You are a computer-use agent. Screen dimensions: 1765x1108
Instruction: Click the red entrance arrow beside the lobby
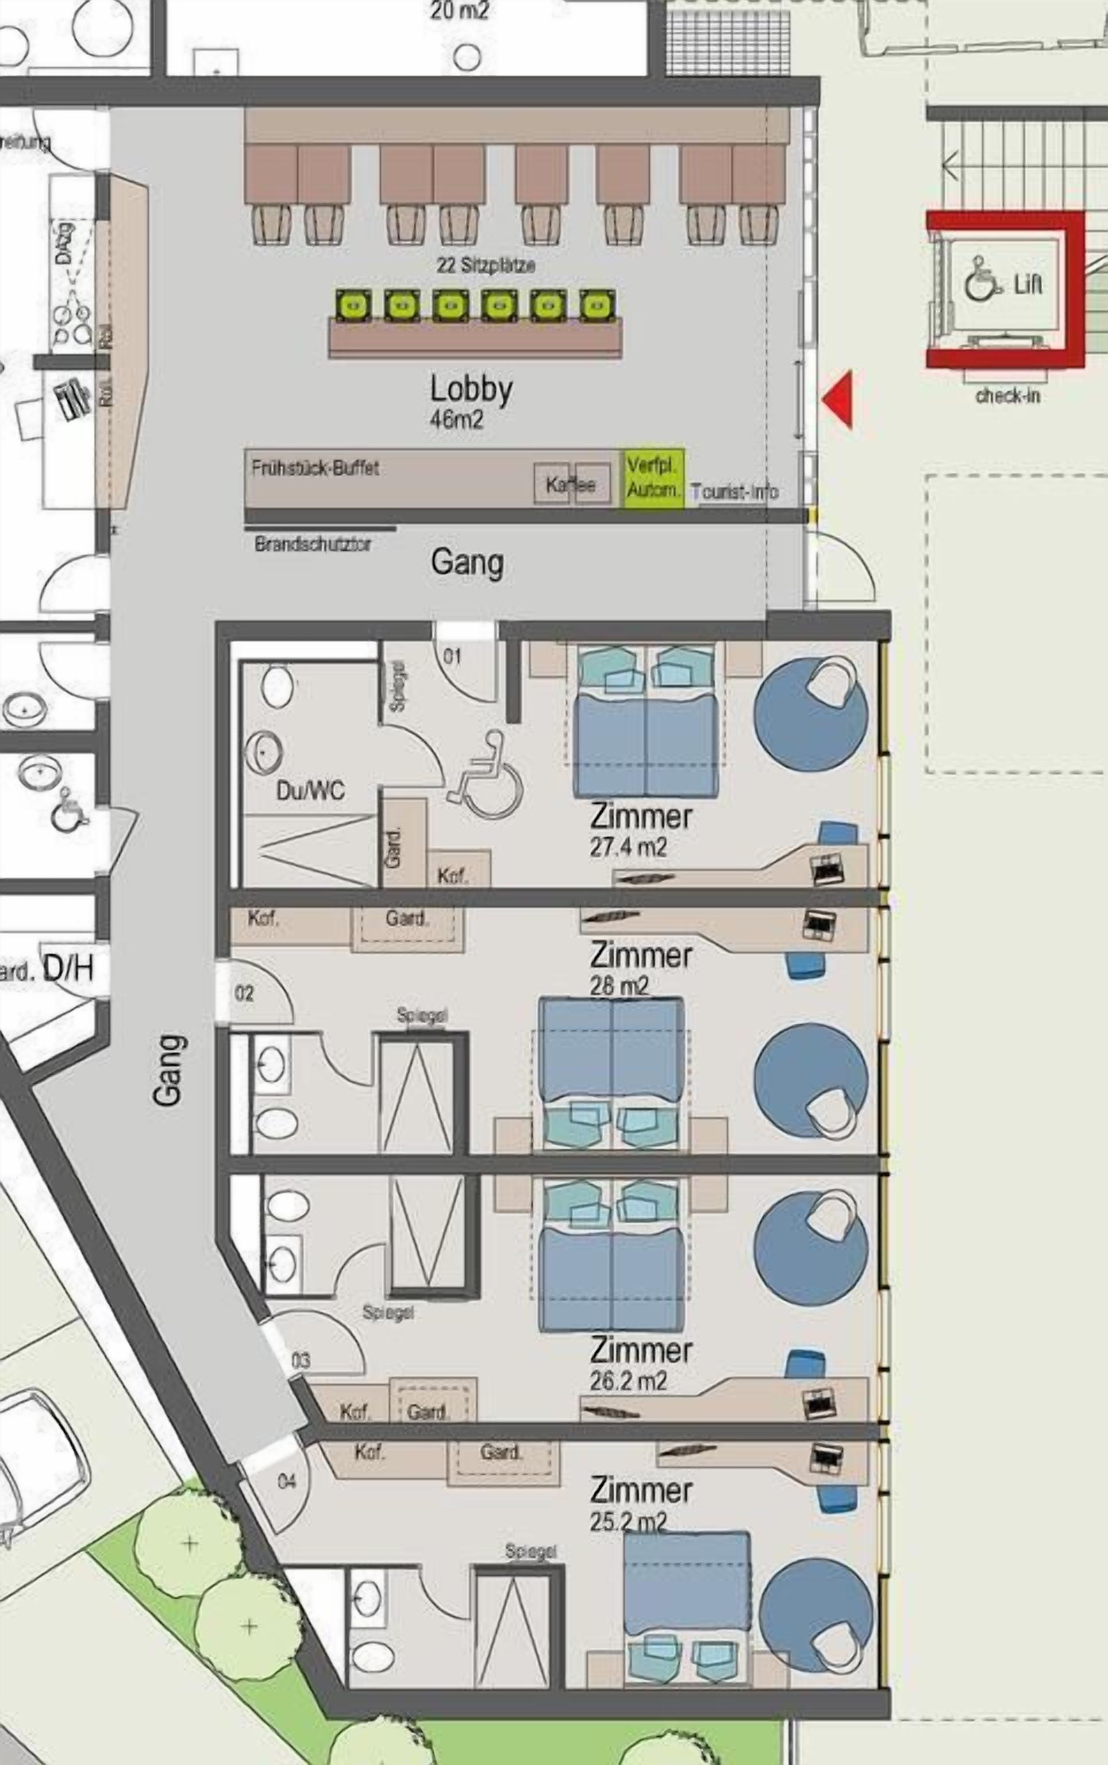pos(839,399)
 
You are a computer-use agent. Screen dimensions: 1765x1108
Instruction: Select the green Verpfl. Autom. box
pos(653,477)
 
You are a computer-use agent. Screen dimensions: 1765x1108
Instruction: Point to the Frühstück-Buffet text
pos(315,468)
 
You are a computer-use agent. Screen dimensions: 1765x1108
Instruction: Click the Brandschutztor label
pos(313,544)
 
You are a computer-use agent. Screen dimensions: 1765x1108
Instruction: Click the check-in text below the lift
pos(1007,396)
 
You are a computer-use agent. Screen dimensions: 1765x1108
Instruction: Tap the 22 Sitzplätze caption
pos(486,265)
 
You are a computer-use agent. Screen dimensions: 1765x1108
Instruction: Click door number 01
pos(452,656)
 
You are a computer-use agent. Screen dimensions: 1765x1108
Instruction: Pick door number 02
pos(244,993)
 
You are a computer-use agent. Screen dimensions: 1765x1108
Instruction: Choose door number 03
pos(301,1361)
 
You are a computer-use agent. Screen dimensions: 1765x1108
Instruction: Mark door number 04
pos(287,1481)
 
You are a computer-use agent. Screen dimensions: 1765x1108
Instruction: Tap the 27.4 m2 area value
pos(628,847)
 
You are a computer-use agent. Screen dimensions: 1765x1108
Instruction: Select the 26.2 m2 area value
pos(628,1382)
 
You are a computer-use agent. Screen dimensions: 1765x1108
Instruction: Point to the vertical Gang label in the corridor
pos(167,1070)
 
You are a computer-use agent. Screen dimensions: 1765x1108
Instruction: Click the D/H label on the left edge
pos(69,969)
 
